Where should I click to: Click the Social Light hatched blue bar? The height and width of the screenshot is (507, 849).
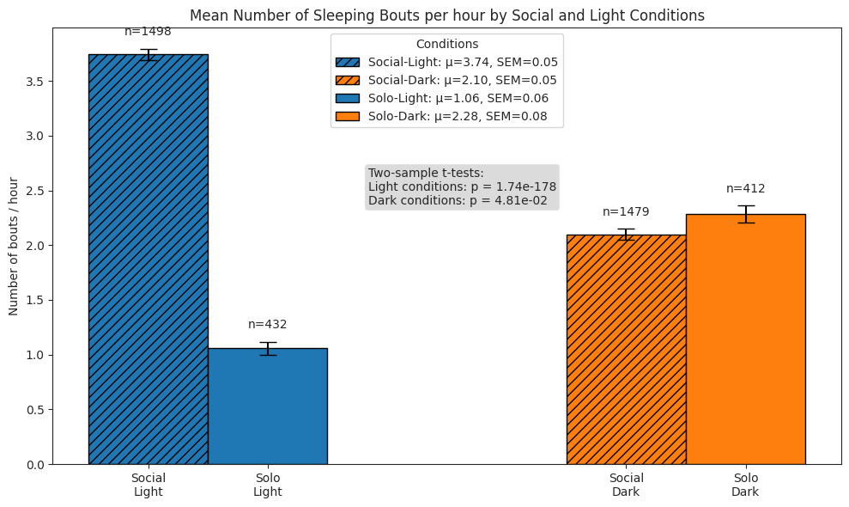[148, 258]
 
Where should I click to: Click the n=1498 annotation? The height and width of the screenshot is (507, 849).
[148, 32]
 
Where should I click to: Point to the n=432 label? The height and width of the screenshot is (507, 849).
[267, 325]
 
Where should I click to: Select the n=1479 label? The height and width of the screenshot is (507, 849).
[626, 211]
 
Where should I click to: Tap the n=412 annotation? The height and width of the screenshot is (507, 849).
[745, 189]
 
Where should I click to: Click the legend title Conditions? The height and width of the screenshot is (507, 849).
[446, 44]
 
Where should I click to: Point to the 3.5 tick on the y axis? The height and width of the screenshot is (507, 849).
[35, 82]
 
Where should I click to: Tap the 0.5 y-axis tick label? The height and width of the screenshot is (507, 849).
[35, 410]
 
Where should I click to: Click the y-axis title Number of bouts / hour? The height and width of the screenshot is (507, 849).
[14, 247]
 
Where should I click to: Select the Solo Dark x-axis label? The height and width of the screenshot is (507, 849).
[745, 485]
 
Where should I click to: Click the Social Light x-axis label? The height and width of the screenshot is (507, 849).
[148, 485]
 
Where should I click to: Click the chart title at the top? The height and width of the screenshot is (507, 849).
[446, 15]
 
